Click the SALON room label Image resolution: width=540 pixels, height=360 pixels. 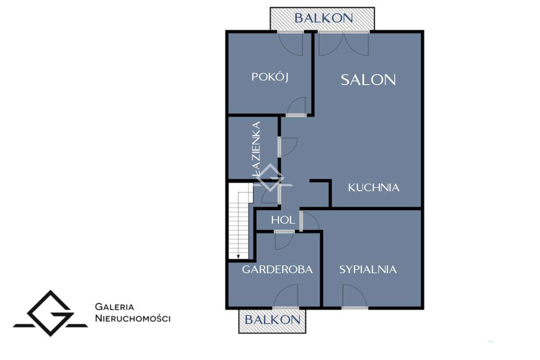click(x=368, y=80)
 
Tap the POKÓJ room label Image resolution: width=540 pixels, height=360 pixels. click(x=270, y=77)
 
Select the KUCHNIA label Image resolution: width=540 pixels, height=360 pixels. click(x=373, y=188)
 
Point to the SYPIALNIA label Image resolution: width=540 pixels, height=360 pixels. click(x=368, y=270)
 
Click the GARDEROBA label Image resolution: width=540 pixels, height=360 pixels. click(x=277, y=270)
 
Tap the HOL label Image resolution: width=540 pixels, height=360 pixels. click(x=283, y=220)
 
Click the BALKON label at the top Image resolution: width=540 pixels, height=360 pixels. click(x=323, y=18)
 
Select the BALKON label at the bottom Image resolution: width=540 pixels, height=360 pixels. click(x=272, y=320)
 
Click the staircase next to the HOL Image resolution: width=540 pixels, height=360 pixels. click(x=239, y=220)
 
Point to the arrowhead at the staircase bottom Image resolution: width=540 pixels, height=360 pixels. click(x=238, y=256)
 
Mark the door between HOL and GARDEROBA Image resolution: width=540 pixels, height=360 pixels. click(x=284, y=239)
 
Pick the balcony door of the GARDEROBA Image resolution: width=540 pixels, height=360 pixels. click(x=286, y=297)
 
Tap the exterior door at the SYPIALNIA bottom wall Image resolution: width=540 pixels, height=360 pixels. click(x=355, y=297)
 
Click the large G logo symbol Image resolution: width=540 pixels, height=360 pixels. click(x=50, y=313)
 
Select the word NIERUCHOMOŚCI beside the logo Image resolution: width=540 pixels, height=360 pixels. click(x=133, y=318)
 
